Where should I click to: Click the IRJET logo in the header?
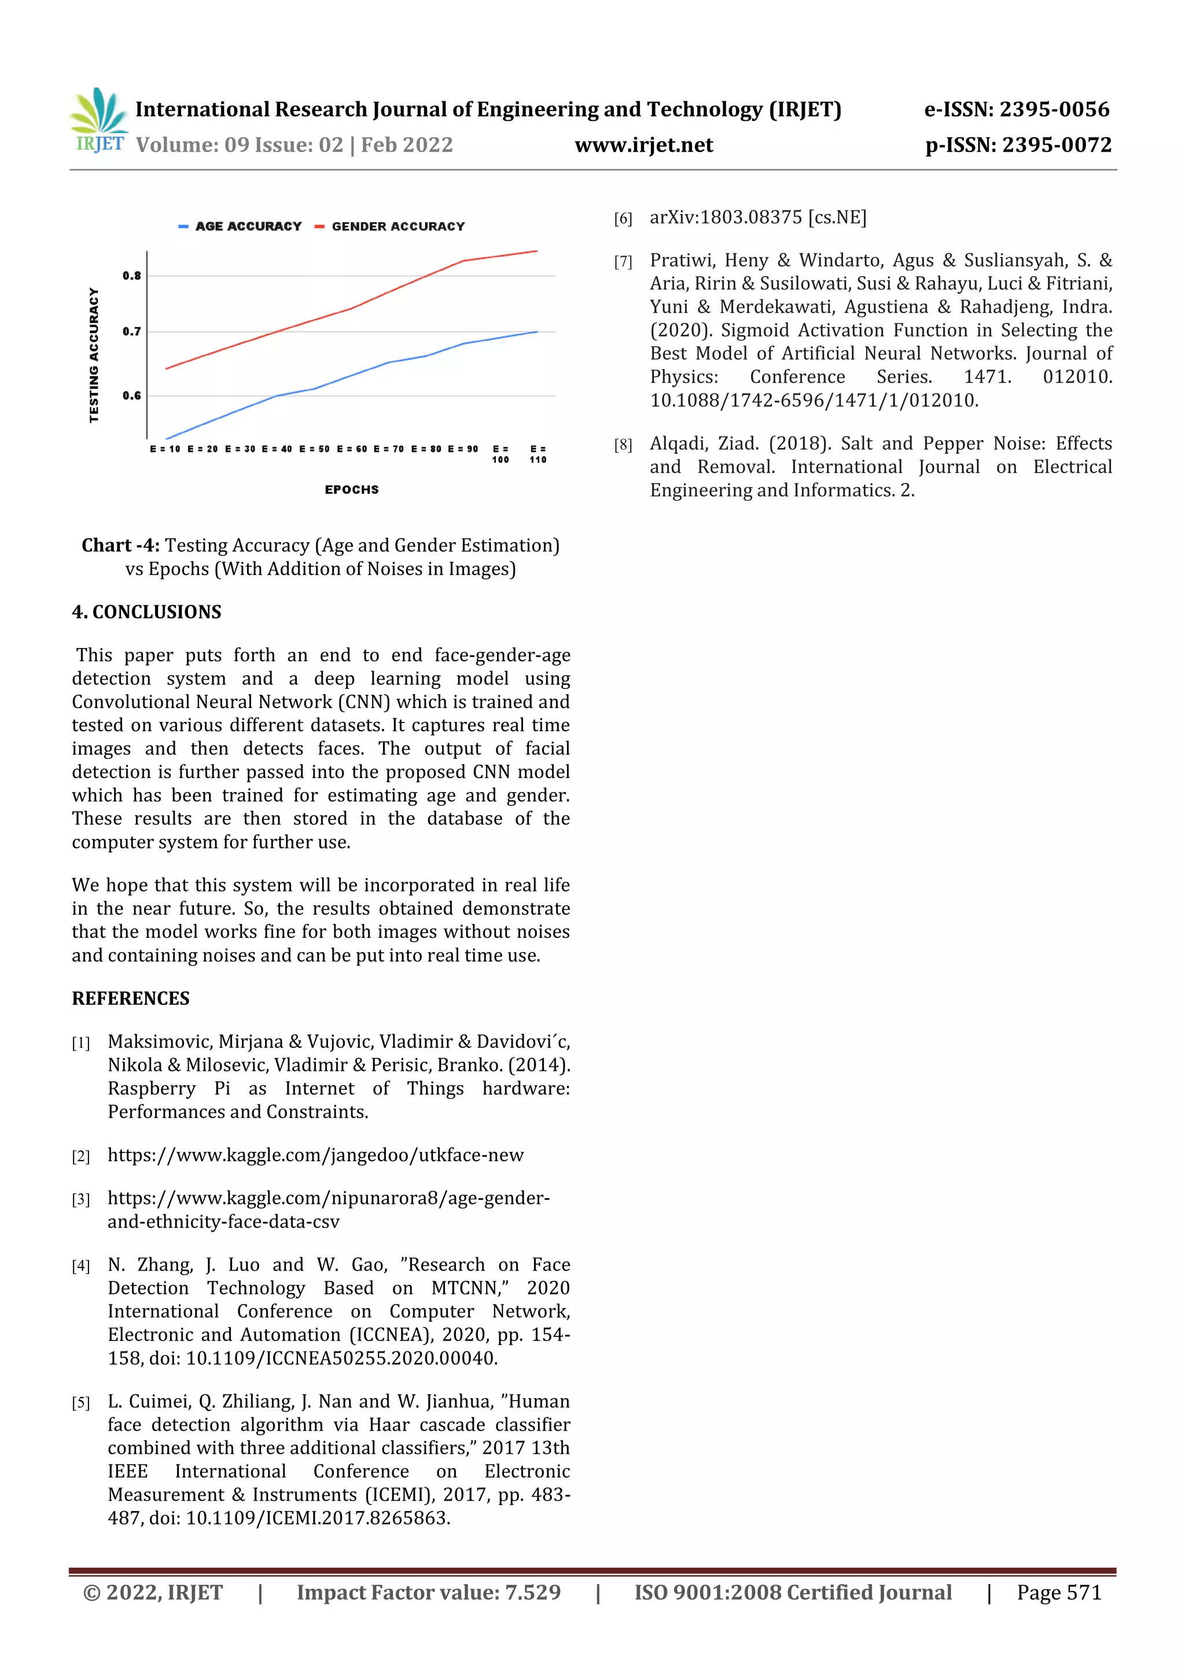click(x=98, y=120)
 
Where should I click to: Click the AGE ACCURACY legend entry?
click(x=241, y=226)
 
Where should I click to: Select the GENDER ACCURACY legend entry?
click(x=391, y=226)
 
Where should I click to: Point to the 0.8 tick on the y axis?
click(x=131, y=276)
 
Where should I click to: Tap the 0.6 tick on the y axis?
click(x=131, y=396)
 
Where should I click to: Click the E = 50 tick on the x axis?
click(x=314, y=449)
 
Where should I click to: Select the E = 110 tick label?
click(x=538, y=454)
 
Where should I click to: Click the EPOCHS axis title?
click(x=351, y=490)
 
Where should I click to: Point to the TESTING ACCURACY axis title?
click(x=94, y=355)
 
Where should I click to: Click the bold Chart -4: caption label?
click(x=120, y=546)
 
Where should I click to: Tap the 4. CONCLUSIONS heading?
click(x=146, y=612)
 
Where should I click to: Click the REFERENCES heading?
click(x=131, y=999)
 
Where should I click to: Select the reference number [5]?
click(x=80, y=1403)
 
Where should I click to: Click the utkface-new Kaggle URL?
click(x=315, y=1155)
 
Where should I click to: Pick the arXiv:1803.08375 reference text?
click(x=757, y=218)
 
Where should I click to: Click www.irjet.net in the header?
click(x=643, y=145)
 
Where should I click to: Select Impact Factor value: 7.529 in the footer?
click(x=429, y=1593)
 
